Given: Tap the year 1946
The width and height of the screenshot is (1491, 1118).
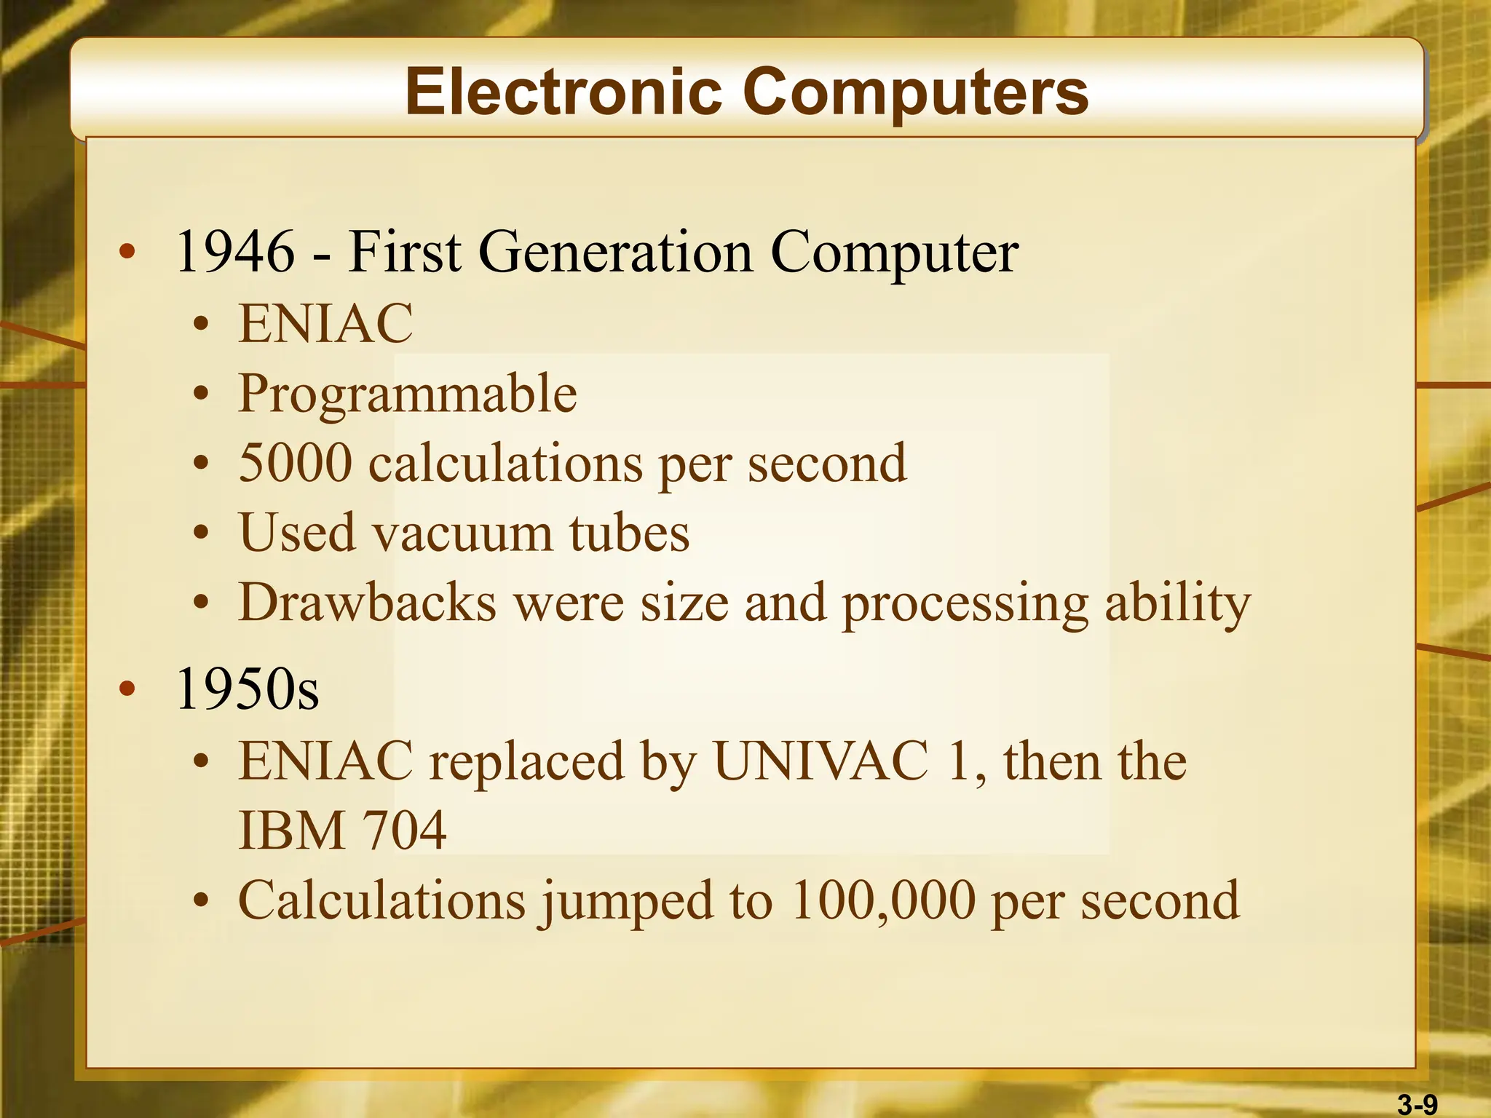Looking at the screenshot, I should (x=235, y=252).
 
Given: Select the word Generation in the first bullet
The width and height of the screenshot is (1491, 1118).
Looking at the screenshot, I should (x=615, y=252).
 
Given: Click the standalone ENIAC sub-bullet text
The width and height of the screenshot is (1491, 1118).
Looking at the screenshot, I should (x=325, y=323).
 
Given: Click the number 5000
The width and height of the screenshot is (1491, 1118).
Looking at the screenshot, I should (x=295, y=463).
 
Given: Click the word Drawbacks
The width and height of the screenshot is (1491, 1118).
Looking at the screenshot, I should (x=367, y=603).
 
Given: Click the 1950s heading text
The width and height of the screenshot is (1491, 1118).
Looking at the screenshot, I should (x=248, y=689).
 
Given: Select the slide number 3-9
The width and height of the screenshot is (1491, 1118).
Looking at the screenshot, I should (x=1417, y=1105).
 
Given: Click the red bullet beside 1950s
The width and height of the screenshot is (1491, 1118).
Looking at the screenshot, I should (x=127, y=689).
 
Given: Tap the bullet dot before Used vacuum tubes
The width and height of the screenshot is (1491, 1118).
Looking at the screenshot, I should (x=202, y=534).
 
